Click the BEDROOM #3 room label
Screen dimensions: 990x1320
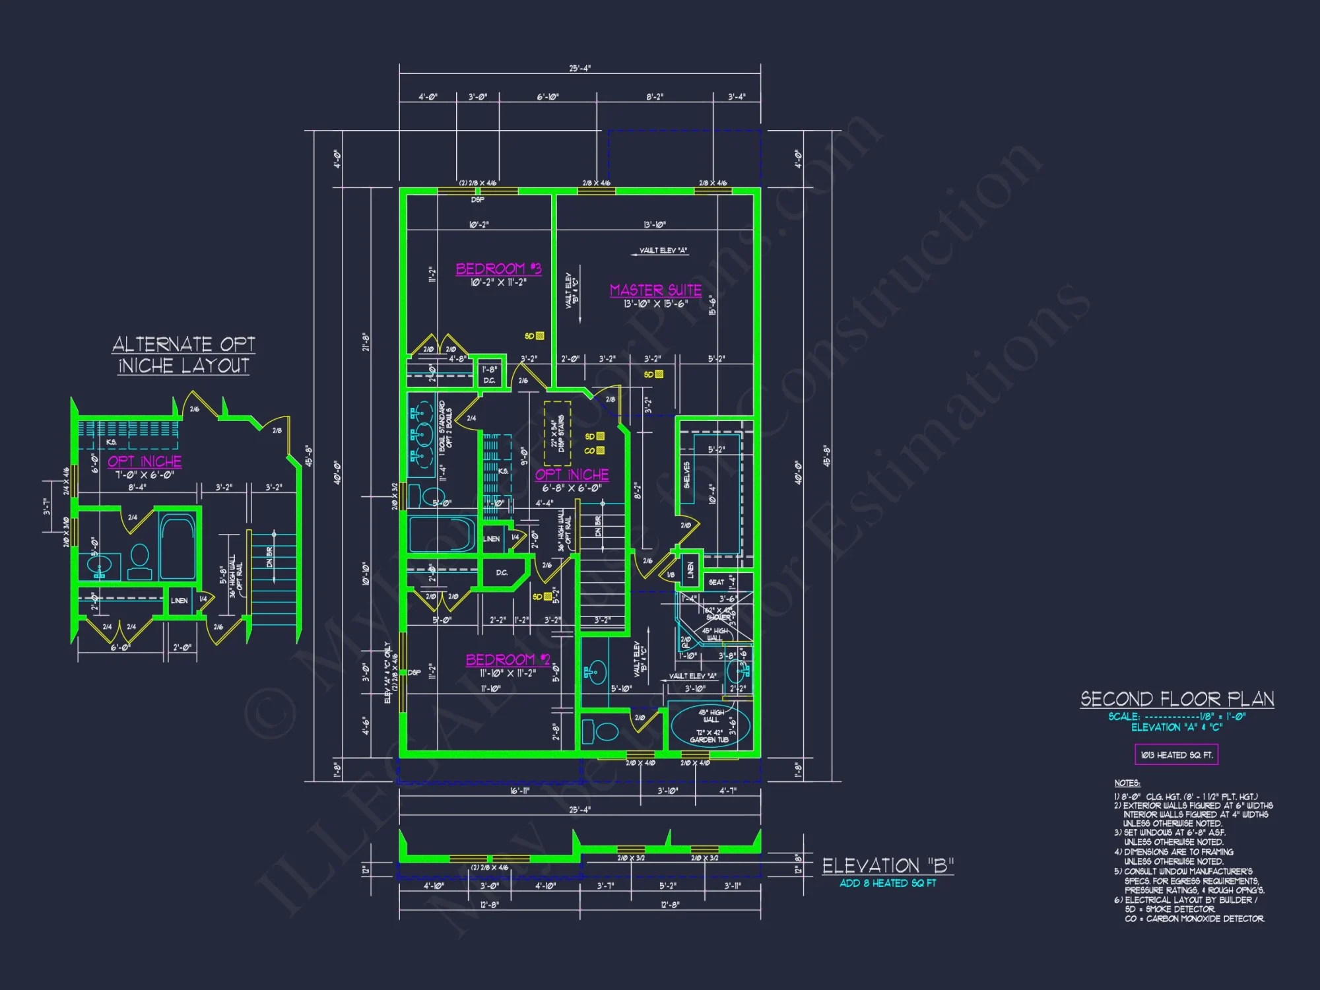point(498,269)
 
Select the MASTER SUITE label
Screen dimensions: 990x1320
point(655,290)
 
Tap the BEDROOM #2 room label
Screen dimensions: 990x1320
point(508,659)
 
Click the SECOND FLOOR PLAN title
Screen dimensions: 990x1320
point(1177,699)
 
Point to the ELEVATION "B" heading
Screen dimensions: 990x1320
point(888,865)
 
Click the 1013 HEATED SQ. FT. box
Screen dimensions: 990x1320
point(1176,754)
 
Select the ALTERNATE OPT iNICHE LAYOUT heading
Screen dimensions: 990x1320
point(183,354)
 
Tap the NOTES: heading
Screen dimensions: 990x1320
point(1127,783)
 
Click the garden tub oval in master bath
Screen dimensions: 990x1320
point(711,725)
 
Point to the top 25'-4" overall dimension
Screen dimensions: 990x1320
point(579,68)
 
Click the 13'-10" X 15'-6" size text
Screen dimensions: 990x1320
point(655,304)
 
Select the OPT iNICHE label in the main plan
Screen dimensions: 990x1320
point(572,475)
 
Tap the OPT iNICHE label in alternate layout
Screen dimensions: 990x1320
point(145,461)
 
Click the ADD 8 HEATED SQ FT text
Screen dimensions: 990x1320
point(888,883)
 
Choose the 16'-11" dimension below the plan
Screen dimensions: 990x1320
point(519,790)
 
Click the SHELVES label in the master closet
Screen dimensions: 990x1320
point(687,475)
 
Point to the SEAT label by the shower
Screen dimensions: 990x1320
point(716,582)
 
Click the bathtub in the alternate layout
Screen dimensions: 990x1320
point(177,548)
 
